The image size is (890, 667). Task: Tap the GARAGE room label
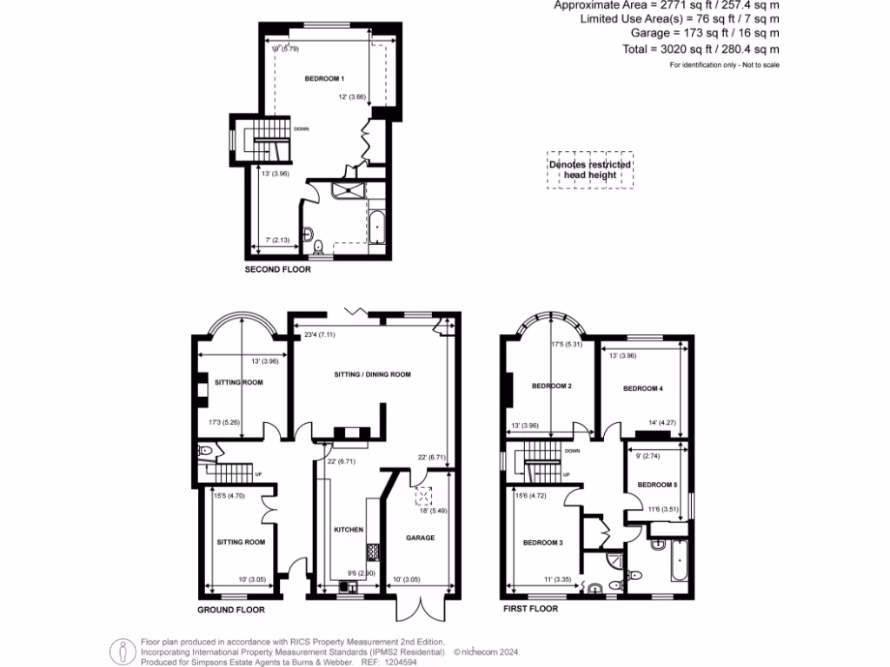pos(420,538)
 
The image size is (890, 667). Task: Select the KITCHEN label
pos(348,529)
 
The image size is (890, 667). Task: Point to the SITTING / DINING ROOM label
pos(372,374)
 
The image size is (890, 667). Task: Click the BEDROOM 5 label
pos(656,485)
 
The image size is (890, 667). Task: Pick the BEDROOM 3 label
pos(542,543)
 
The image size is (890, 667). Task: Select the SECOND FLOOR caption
pos(277,270)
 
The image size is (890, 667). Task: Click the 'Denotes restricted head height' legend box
pos(590,169)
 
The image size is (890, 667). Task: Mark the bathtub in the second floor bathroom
pos(377,227)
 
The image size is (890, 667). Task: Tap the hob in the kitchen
pos(373,551)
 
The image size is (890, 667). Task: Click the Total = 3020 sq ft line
pos(701,50)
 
